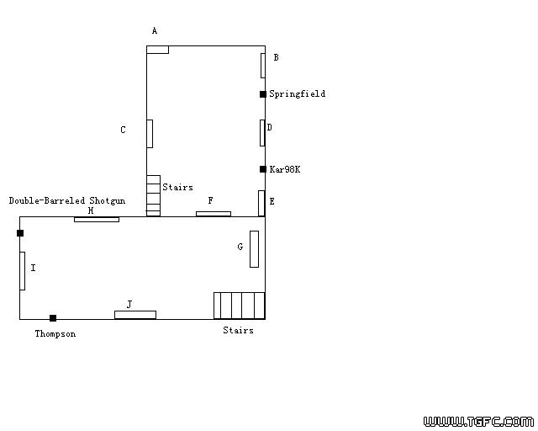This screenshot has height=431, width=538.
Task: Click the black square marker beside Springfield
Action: tap(263, 94)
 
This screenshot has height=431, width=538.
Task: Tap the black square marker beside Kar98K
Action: tap(263, 169)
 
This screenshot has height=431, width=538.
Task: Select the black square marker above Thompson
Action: tap(53, 318)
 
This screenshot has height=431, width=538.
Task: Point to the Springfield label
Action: tap(297, 93)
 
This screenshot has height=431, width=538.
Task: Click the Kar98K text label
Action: tap(285, 169)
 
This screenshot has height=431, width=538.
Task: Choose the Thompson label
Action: tap(55, 333)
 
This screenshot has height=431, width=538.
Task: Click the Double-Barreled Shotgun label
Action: tap(67, 200)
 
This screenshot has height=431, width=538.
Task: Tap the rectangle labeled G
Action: tap(254, 249)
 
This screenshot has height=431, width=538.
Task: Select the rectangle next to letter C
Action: tap(150, 134)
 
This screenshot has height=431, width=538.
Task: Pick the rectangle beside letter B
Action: tap(263, 66)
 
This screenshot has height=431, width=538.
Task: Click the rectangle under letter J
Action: tap(135, 315)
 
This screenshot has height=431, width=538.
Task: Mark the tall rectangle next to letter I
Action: tap(23, 271)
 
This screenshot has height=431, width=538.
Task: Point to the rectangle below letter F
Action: tap(214, 214)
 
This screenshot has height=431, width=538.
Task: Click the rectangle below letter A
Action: tap(157, 50)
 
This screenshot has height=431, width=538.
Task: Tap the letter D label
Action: tap(269, 127)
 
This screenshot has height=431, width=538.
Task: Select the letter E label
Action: tap(272, 201)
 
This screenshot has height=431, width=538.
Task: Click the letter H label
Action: tap(91, 210)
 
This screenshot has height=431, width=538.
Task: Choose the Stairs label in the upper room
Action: tap(177, 188)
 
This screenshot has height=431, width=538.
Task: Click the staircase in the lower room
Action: tap(239, 306)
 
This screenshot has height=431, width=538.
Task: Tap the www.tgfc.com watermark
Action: tap(478, 422)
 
